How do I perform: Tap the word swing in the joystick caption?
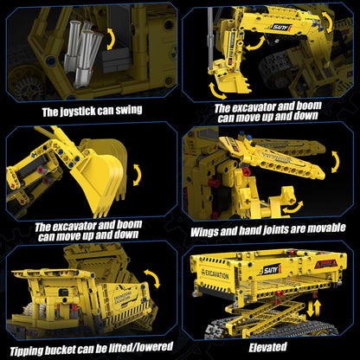(x=129, y=110)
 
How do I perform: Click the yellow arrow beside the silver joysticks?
(x=111, y=39)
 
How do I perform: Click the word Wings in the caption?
(x=204, y=232)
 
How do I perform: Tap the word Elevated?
(x=268, y=347)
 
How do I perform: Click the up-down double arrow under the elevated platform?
(x=313, y=308)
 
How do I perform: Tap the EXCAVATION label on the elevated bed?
(x=217, y=274)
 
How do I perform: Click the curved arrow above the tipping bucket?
(x=152, y=278)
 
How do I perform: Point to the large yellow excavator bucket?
(x=100, y=177)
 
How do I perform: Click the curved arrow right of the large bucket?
(x=138, y=175)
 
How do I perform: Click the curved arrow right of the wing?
(x=336, y=162)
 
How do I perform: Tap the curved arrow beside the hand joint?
(x=293, y=208)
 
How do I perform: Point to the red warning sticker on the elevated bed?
(x=325, y=264)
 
